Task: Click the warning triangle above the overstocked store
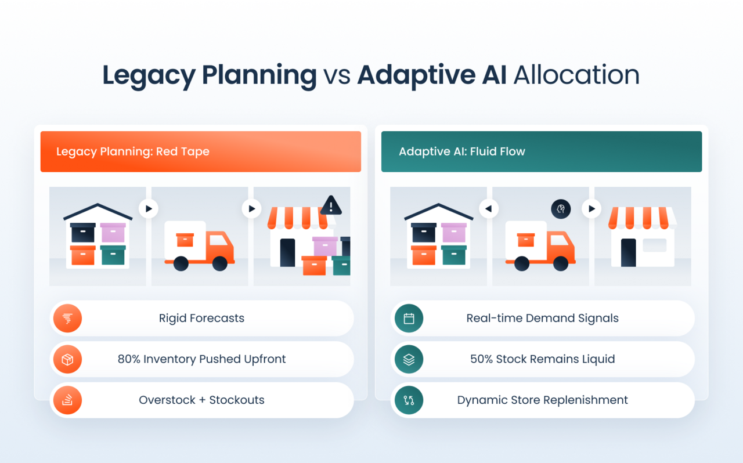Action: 331,205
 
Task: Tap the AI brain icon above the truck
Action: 561,209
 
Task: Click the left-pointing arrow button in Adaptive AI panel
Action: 489,209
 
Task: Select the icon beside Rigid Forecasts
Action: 67,318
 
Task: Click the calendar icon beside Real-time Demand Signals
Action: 409,318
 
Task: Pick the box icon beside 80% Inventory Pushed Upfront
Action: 67,359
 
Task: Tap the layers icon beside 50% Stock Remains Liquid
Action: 409,359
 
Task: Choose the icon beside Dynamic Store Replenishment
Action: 409,400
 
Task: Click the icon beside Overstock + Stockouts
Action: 67,400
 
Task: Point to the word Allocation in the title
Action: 576,75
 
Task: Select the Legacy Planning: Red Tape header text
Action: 133,151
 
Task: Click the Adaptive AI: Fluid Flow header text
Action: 462,151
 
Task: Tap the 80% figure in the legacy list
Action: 128,359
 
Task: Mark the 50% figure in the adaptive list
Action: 481,359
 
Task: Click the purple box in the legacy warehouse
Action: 113,233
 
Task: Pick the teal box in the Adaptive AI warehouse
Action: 454,255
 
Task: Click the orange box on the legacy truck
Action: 185,240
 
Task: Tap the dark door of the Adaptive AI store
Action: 628,252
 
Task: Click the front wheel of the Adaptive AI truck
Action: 561,264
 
